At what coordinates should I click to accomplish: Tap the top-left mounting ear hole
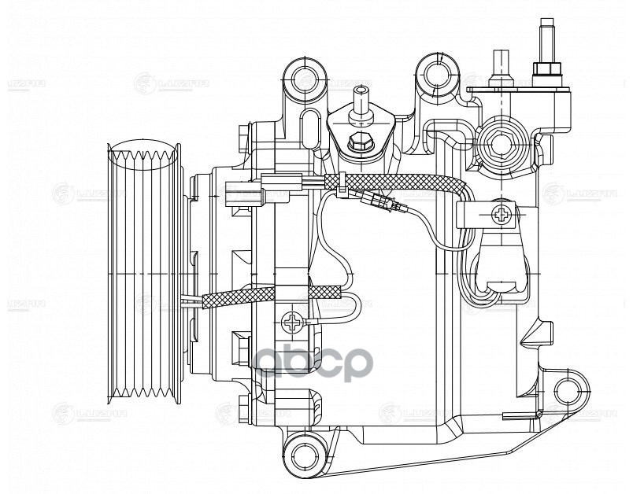(x=300, y=76)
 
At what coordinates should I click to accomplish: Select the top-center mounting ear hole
(x=435, y=75)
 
